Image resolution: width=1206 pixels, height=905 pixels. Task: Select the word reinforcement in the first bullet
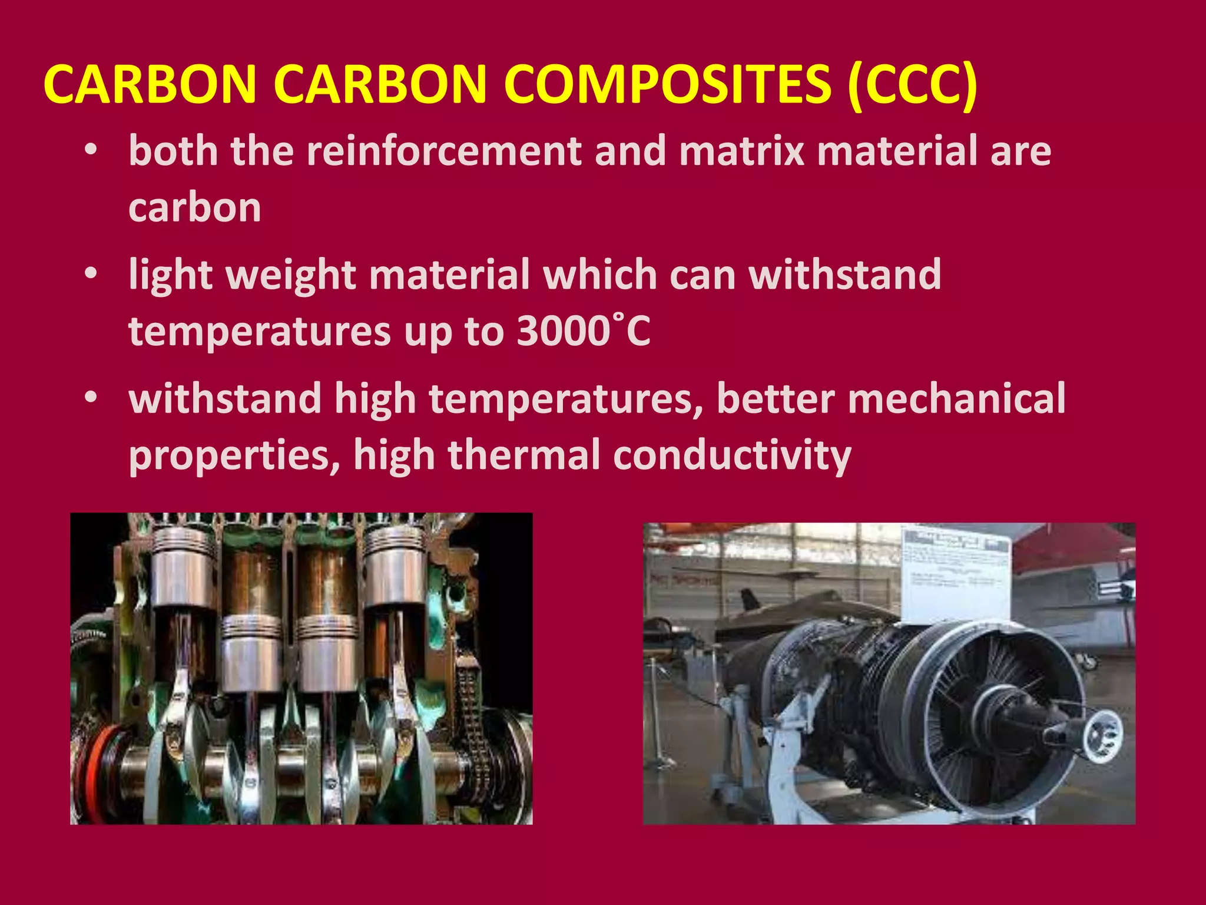(x=444, y=151)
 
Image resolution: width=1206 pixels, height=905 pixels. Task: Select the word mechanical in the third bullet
(x=956, y=398)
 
